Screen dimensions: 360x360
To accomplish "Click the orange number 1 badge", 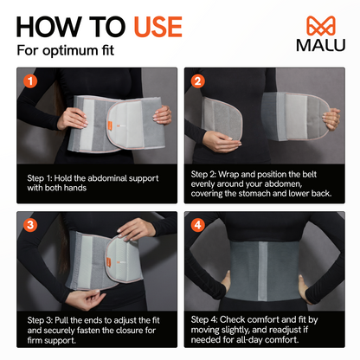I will click(x=31, y=82).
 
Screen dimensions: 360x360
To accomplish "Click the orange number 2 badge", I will click(x=197, y=82).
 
